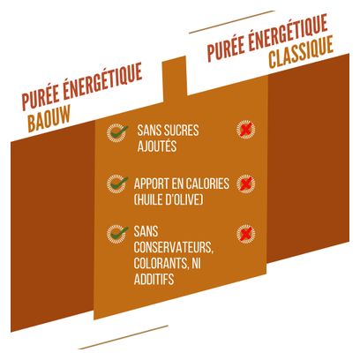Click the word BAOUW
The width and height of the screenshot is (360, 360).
(x=49, y=118)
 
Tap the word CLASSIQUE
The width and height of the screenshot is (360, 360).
(x=301, y=52)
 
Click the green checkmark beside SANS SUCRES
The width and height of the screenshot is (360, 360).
(x=117, y=131)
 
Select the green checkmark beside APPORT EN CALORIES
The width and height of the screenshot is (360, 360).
(x=117, y=183)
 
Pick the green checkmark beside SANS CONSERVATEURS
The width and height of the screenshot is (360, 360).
(x=117, y=233)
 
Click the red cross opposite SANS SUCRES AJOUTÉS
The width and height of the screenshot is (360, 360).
(x=246, y=130)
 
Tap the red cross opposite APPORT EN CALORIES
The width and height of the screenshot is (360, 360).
(x=246, y=184)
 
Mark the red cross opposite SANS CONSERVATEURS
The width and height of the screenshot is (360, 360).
(x=246, y=234)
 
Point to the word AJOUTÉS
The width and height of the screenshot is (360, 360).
(x=157, y=146)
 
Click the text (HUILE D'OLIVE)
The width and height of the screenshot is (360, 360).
(x=169, y=199)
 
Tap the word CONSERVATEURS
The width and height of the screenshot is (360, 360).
(x=174, y=247)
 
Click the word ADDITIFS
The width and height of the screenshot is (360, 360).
(x=154, y=279)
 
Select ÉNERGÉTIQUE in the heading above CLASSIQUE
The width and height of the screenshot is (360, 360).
(x=288, y=33)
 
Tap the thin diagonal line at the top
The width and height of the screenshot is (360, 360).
(x=232, y=22)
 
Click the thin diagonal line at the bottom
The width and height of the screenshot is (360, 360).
(x=124, y=337)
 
